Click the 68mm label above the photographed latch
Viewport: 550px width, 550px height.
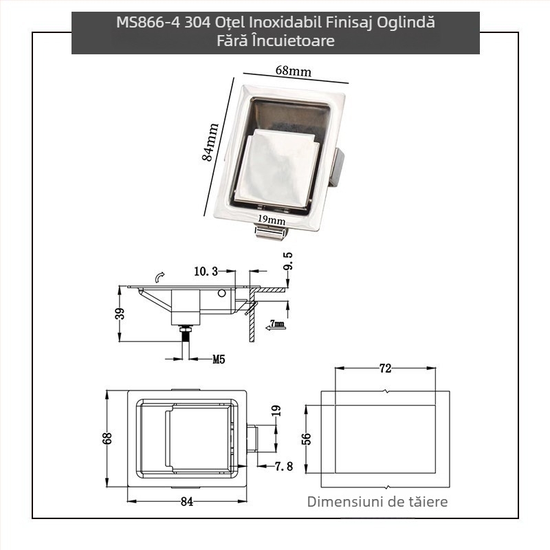[293, 71]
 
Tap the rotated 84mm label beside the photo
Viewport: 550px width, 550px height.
[210, 142]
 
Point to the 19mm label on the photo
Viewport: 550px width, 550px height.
[272, 220]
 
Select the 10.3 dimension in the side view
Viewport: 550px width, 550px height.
[206, 272]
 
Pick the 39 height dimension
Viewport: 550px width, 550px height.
[120, 313]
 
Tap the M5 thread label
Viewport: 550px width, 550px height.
[219, 359]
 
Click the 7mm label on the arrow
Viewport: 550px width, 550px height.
[277, 323]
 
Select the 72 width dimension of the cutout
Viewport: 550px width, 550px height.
[385, 369]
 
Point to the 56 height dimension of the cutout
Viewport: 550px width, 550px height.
[307, 438]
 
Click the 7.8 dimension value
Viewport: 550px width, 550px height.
[284, 467]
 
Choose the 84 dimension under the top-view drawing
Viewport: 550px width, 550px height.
[186, 501]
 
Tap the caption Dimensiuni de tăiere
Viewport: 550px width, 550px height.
[377, 502]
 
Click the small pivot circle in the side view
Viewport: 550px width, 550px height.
[221, 294]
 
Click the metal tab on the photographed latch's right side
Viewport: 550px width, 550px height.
[338, 168]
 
